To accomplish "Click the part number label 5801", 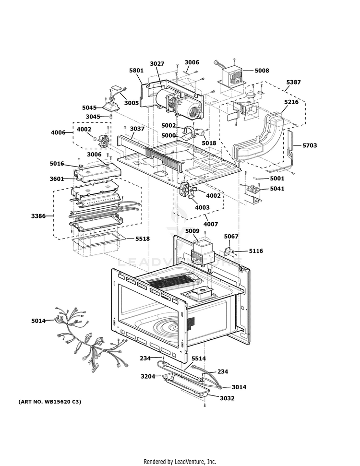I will point(136,71).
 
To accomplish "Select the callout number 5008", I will point(262,71).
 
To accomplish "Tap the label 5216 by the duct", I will point(291,102).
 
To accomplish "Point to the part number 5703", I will point(310,145).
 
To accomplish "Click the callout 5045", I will point(89,108).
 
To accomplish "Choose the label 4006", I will point(58,132).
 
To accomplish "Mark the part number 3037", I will point(137,129).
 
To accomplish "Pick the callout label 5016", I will point(57,164).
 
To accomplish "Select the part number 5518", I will point(143,239).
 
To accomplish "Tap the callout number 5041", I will point(277,189).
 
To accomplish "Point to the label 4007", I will point(211,224).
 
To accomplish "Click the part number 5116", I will point(255,251).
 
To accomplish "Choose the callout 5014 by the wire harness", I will point(39,320).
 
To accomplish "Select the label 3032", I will point(228,398).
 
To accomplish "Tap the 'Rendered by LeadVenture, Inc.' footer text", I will point(180,461).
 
